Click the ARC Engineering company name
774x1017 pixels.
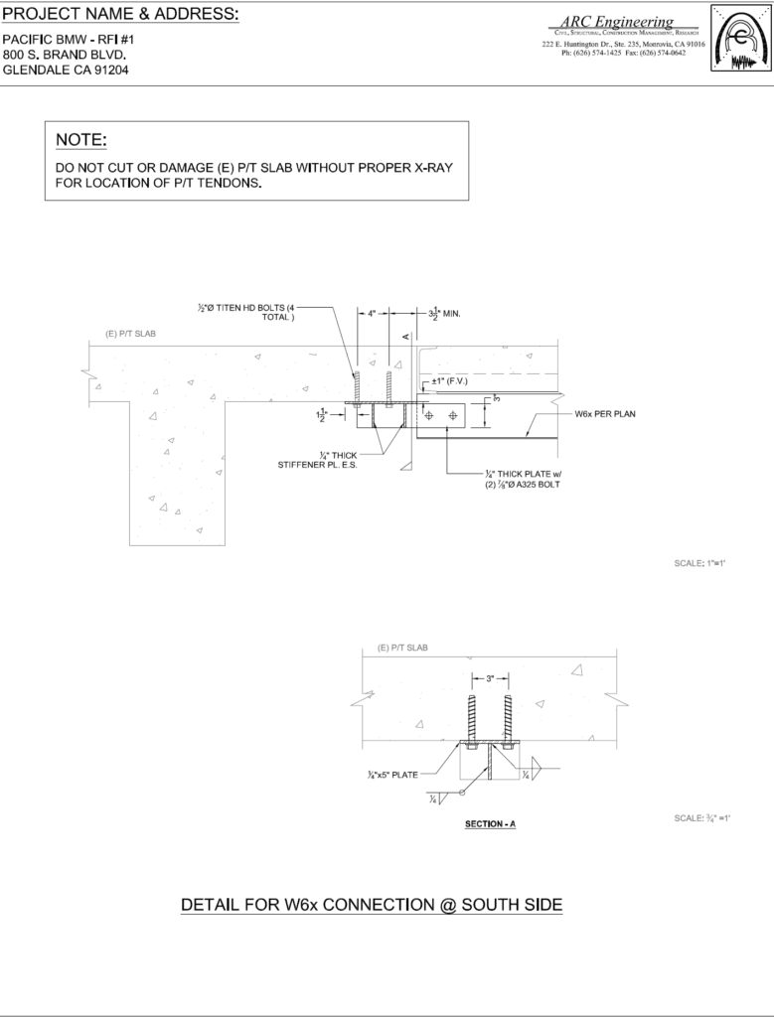pos(616,22)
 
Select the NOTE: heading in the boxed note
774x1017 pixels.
pos(80,140)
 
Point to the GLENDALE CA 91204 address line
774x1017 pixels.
pos(66,71)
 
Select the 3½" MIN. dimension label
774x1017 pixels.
pos(438,313)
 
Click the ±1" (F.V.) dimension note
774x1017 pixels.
pos(450,381)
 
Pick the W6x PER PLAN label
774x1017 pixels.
pos(604,414)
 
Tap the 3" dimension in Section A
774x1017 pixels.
pos(490,678)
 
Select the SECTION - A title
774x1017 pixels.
pos(490,824)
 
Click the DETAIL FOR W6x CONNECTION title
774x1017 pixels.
pos(372,905)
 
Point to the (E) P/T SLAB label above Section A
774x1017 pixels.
pos(402,648)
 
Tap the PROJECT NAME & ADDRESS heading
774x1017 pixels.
pos(120,14)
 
